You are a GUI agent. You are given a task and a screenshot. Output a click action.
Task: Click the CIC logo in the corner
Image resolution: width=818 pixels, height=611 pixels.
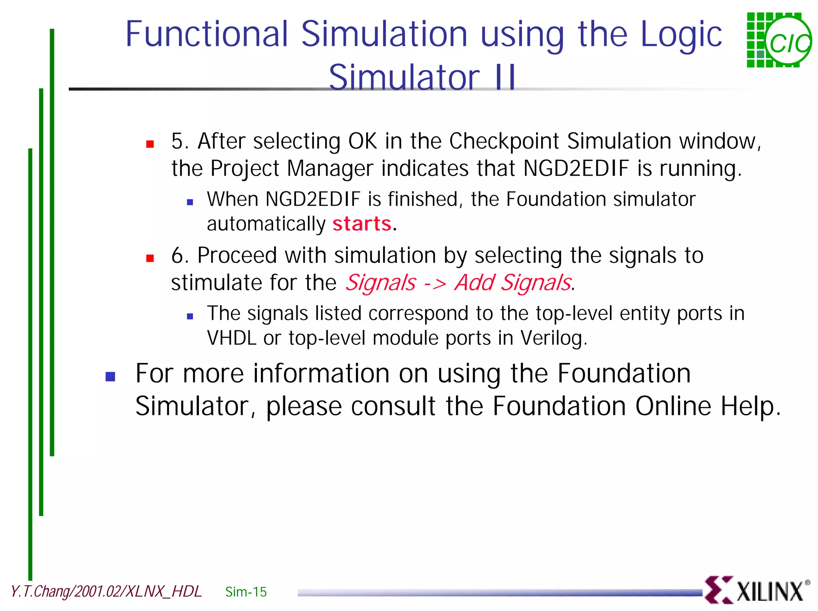[778, 40]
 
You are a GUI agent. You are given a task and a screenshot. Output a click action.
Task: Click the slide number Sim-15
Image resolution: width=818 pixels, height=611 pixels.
[246, 592]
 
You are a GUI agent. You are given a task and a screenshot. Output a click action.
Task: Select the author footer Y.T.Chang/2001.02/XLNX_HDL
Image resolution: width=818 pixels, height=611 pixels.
[106, 591]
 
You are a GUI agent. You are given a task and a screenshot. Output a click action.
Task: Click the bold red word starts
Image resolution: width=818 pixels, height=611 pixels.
[362, 224]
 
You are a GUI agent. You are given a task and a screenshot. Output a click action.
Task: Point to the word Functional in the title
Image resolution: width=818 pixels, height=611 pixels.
[206, 34]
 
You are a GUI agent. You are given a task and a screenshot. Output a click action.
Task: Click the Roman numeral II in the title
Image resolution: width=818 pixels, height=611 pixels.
[505, 77]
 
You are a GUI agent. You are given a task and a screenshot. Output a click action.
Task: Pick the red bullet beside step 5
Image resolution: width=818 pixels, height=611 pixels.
[150, 144]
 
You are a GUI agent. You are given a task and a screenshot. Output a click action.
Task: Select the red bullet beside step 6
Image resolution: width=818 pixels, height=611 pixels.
[150, 258]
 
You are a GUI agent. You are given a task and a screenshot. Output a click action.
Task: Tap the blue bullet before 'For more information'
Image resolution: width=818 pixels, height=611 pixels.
[110, 377]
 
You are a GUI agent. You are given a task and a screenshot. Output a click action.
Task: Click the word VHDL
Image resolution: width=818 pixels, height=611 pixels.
[231, 338]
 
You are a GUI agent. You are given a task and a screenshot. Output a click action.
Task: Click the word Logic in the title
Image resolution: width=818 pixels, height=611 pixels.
[681, 34]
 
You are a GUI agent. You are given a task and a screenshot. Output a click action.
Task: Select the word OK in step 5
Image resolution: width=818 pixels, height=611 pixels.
[363, 141]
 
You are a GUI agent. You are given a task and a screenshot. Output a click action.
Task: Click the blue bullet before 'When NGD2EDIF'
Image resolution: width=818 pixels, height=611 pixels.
[190, 202]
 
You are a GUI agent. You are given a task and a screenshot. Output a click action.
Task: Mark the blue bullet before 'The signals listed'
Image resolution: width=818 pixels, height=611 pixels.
[190, 317]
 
